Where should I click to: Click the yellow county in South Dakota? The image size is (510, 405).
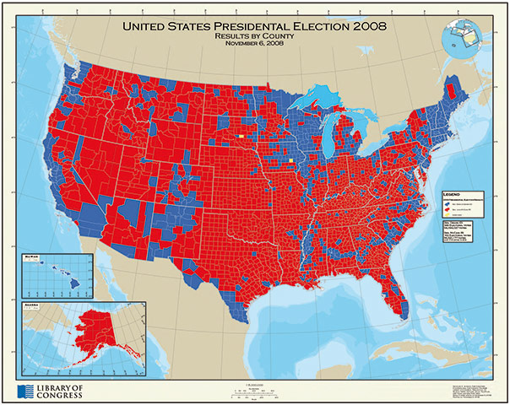pos(241,135)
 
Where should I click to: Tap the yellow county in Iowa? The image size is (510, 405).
pos(291,159)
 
